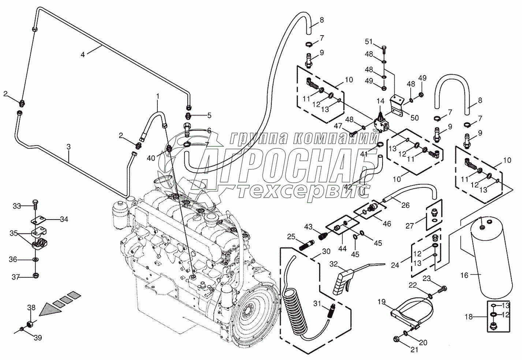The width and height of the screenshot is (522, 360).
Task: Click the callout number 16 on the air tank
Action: pos(465,275)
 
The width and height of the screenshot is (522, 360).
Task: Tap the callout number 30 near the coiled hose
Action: pos(326,251)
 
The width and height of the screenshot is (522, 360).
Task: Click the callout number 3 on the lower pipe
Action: pos(68,147)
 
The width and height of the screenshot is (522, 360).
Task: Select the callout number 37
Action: pos(14,277)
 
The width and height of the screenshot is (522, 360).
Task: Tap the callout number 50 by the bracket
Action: pos(414,118)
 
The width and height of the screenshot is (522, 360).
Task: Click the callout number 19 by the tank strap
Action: pos(381,302)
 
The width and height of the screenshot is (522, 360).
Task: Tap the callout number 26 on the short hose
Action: pos(405,205)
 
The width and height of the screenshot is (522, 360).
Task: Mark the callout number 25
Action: pos(291,237)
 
